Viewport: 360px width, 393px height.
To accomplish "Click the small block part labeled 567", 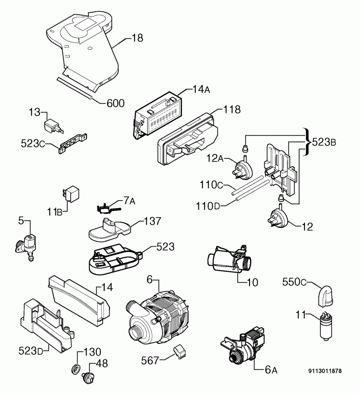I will [179, 350].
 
